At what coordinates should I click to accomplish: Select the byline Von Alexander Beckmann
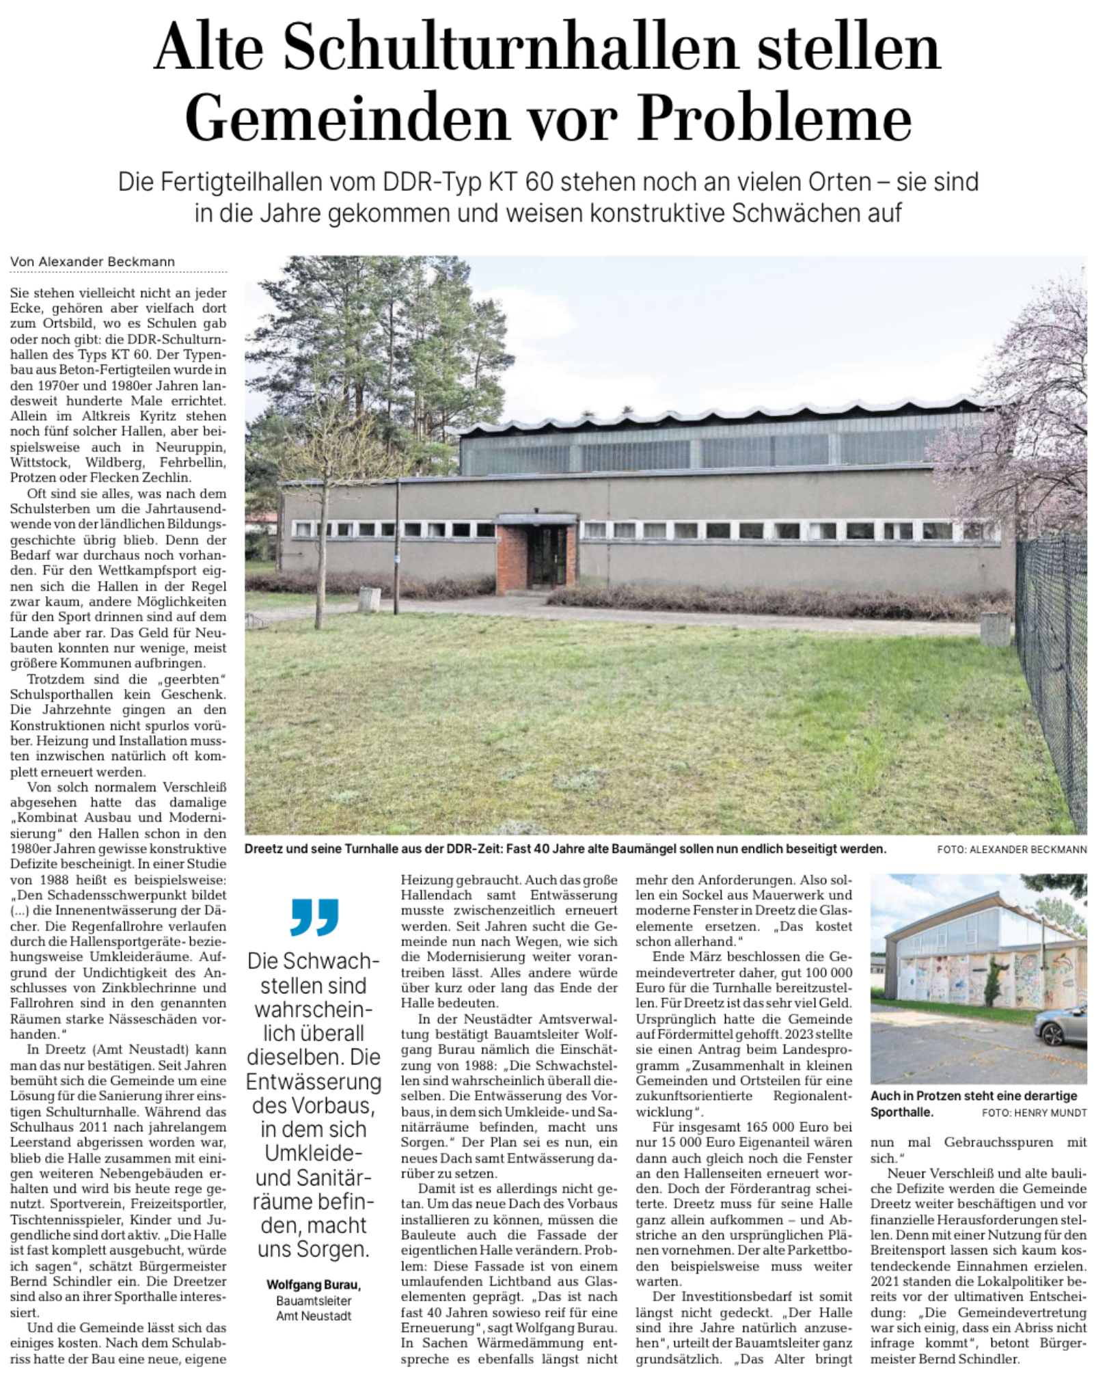click(x=92, y=262)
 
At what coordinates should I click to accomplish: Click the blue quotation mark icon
click(x=314, y=917)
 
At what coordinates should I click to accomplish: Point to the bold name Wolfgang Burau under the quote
click(x=312, y=1285)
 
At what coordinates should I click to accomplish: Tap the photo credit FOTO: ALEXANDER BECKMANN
click(x=1011, y=850)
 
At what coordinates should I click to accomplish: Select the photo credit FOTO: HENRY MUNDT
click(x=1034, y=1112)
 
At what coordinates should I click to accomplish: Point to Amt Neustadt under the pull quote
click(x=314, y=1316)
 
